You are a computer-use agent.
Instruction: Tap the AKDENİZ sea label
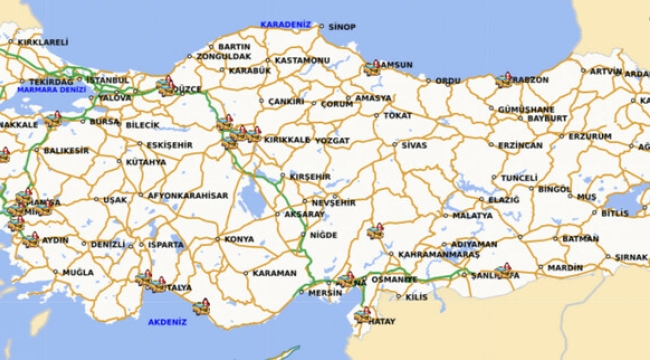(167, 322)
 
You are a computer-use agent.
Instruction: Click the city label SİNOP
(341, 27)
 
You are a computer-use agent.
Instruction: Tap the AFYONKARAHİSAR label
(187, 195)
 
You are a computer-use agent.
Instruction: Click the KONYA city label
(238, 239)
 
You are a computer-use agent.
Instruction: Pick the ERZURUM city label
(590, 135)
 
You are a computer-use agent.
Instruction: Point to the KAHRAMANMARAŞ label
(439, 254)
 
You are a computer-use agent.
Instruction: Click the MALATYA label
(472, 214)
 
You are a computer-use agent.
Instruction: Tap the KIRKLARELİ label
(42, 42)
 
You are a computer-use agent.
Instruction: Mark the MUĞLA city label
(77, 271)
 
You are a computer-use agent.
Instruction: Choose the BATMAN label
(580, 239)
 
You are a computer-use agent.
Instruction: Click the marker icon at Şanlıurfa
(505, 271)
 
